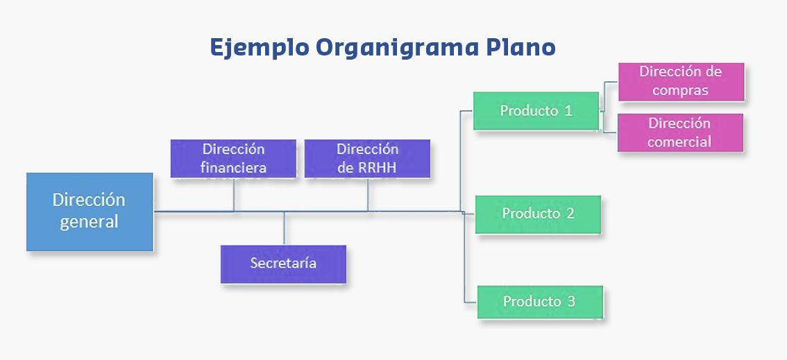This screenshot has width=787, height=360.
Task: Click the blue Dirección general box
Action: coord(90,212)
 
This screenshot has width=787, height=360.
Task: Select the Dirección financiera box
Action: coord(233,158)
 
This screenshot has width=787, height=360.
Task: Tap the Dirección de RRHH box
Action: coord(367,158)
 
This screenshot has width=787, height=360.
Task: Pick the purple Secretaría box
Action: coord(283,264)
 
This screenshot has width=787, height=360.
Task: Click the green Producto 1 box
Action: coord(536,111)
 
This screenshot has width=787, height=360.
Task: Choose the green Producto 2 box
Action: coord(538,214)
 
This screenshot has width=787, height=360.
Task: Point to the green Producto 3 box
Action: coord(540,302)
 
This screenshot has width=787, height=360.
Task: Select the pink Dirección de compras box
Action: coord(681,81)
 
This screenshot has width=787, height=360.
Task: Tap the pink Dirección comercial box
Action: coord(680,132)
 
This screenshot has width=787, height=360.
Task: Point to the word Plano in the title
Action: coord(521,47)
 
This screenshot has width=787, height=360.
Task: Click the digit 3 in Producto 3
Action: coord(571,302)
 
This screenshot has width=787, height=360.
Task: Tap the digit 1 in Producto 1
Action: coord(568,111)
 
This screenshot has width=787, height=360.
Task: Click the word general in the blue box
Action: coord(89,223)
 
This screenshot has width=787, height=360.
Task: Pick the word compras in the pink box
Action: coord(680,90)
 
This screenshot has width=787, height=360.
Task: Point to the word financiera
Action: coord(233,167)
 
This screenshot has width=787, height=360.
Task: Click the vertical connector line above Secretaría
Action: coord(284,228)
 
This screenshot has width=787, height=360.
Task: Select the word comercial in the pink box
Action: coord(680,142)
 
